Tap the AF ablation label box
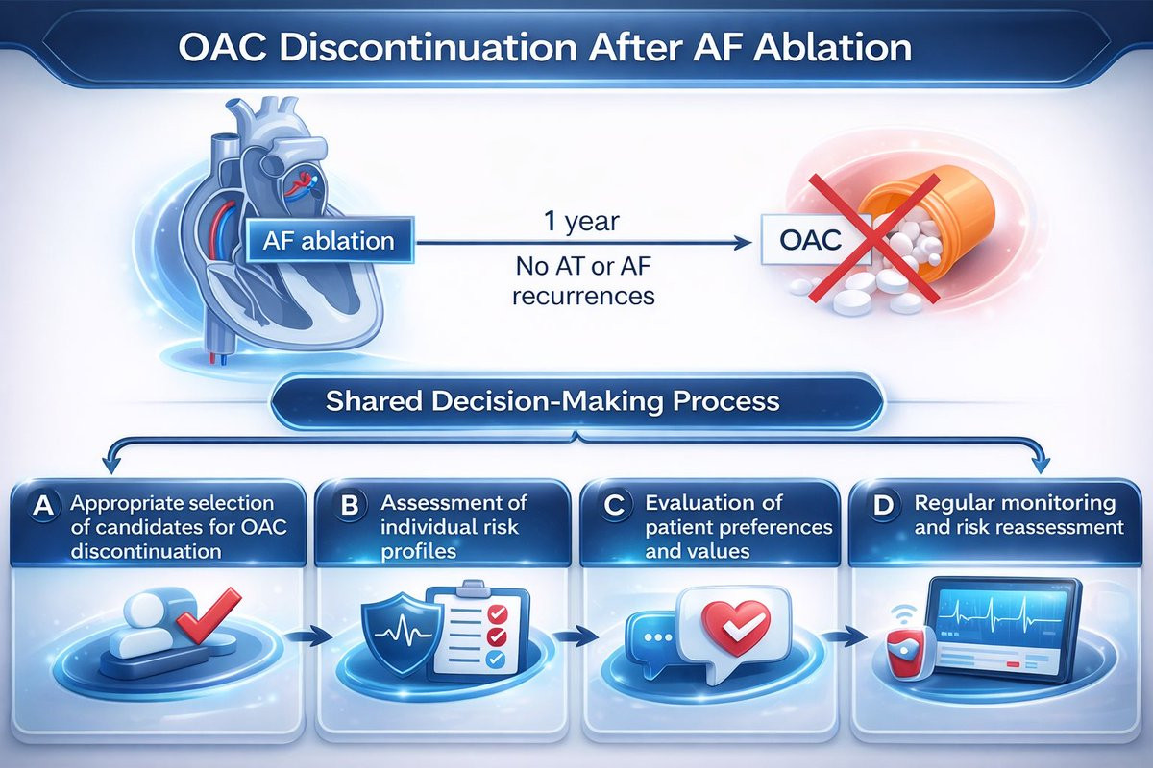[x=330, y=240]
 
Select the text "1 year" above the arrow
[x=581, y=222]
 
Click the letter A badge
[x=43, y=506]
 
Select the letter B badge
[x=350, y=505]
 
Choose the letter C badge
[x=614, y=506]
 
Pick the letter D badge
[x=883, y=506]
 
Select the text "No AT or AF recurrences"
[x=584, y=281]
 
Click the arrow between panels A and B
[x=308, y=637]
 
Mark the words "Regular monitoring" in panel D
[x=1015, y=503]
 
